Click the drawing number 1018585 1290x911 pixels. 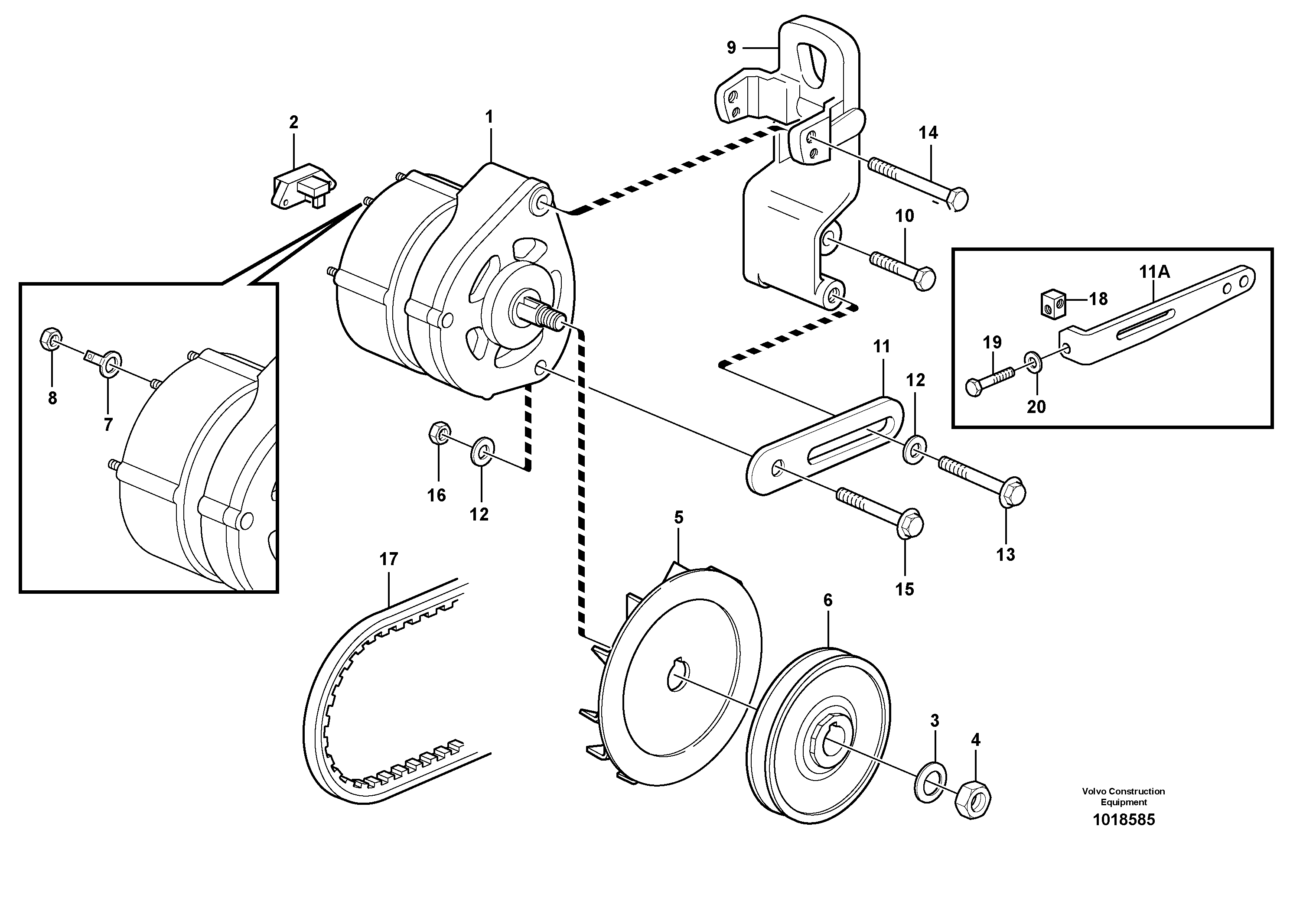(x=1124, y=820)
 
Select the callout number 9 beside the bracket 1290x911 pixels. (x=730, y=48)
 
